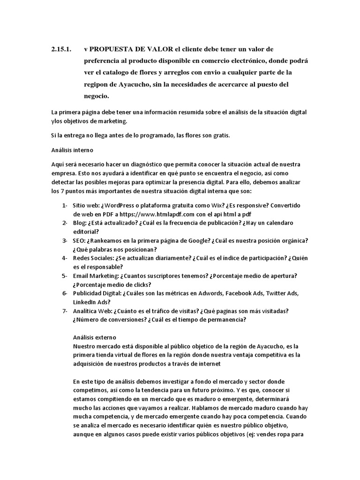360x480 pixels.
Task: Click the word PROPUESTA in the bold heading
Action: (113, 49)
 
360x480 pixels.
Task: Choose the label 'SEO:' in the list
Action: (79, 240)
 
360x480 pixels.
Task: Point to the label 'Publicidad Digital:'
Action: (97, 293)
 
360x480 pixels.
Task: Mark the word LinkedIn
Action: (84, 302)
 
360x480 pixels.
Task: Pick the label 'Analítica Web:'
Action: (92, 311)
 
